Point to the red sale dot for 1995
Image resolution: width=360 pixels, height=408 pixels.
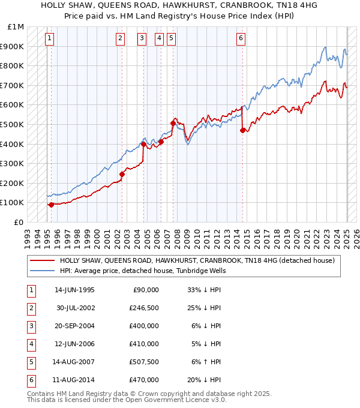51,205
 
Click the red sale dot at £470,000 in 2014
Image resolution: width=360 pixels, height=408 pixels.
242,130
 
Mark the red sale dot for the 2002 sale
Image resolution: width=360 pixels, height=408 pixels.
122,174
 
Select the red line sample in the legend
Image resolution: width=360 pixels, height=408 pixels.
42,260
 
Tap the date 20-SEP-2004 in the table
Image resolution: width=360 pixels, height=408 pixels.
75,326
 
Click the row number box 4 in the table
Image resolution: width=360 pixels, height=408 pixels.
31,344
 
